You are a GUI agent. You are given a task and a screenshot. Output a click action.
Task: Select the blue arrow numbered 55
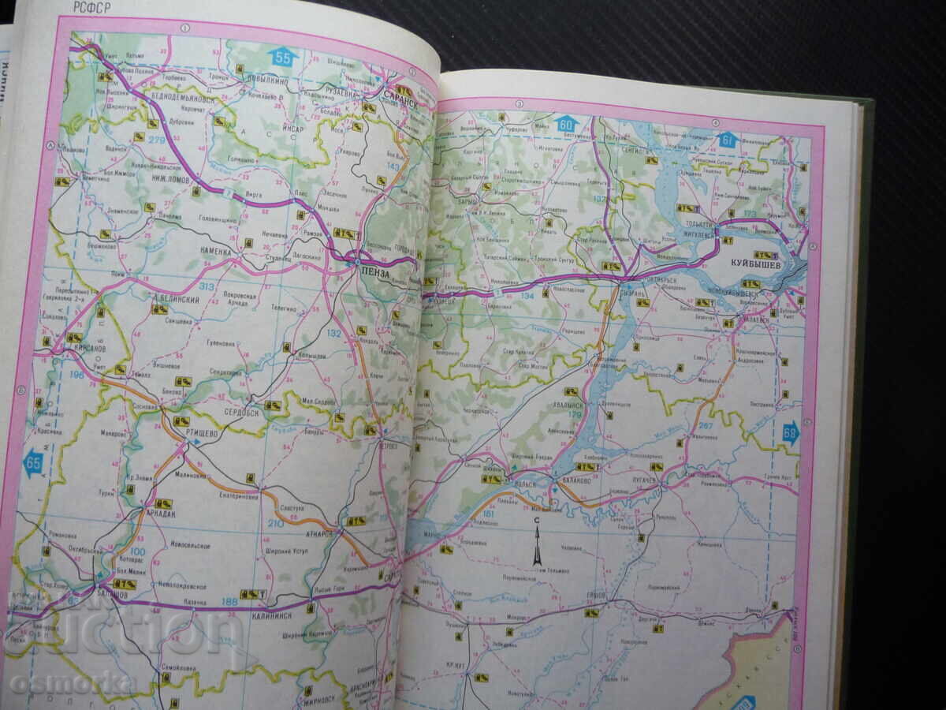click(281, 58)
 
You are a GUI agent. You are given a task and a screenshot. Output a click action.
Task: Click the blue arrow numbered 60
click(566, 124)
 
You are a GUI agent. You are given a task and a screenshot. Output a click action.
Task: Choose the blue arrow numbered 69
click(790, 432)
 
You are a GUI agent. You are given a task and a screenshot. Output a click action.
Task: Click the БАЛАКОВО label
click(582, 480)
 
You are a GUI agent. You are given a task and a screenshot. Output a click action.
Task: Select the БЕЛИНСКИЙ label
click(177, 301)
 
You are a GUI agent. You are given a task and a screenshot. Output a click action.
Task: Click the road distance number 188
click(229, 603)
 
